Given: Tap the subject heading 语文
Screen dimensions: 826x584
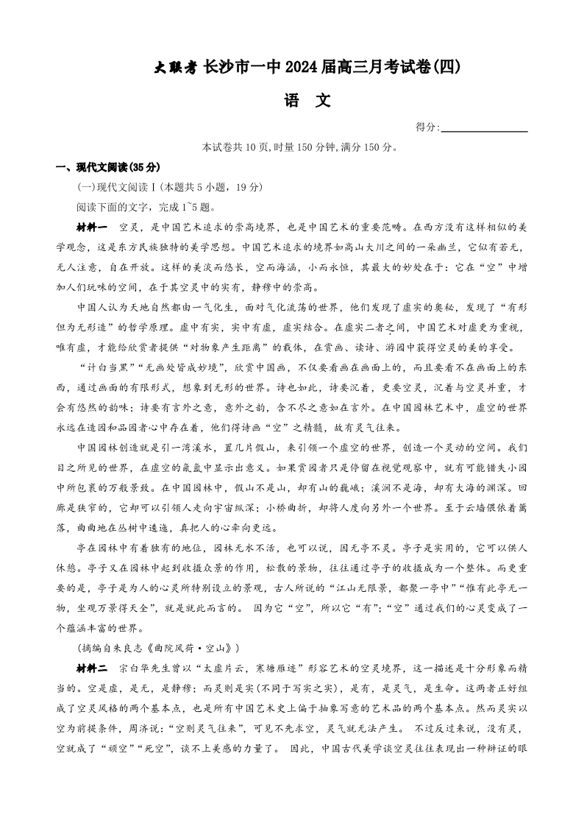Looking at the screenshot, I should (x=307, y=101).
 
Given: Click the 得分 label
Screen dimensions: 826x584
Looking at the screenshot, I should (x=427, y=127).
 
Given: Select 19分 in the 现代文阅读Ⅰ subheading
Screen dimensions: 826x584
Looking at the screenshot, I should (x=246, y=187).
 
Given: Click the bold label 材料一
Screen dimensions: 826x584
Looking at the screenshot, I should (x=92, y=227).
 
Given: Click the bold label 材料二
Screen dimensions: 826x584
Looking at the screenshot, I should (x=92, y=668).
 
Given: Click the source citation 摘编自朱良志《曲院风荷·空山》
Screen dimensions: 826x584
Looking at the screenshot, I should (x=159, y=648).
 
